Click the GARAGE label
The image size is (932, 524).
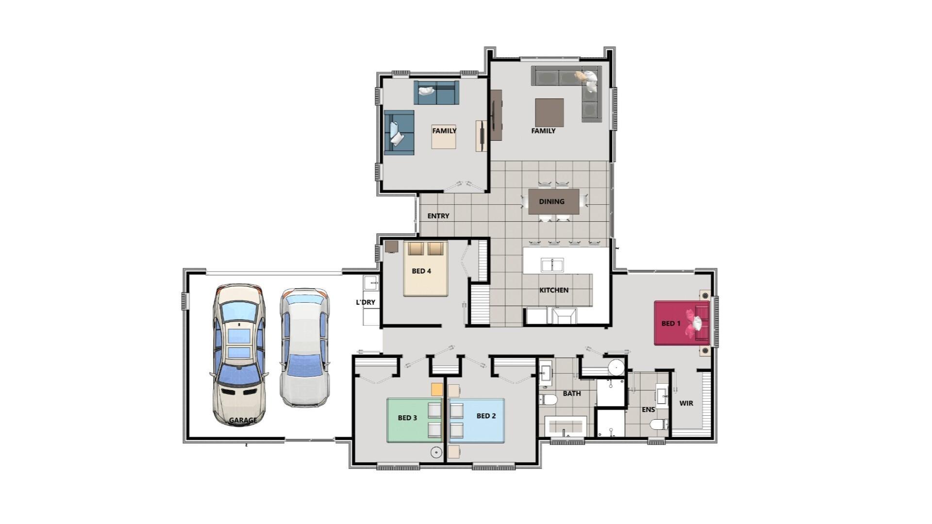(x=243, y=420)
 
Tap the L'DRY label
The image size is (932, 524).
(x=366, y=302)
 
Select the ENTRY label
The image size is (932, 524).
(x=438, y=216)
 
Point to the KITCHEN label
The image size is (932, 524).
(x=554, y=290)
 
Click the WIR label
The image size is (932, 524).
(x=686, y=403)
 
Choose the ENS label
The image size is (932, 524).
(x=648, y=409)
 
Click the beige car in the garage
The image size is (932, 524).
(x=239, y=355)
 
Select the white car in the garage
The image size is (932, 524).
(x=305, y=347)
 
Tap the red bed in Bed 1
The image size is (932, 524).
(x=682, y=323)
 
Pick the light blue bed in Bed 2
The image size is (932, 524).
(x=476, y=420)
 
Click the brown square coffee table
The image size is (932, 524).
(x=549, y=113)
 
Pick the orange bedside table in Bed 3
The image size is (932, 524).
(x=437, y=389)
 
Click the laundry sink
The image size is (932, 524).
(x=371, y=283)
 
